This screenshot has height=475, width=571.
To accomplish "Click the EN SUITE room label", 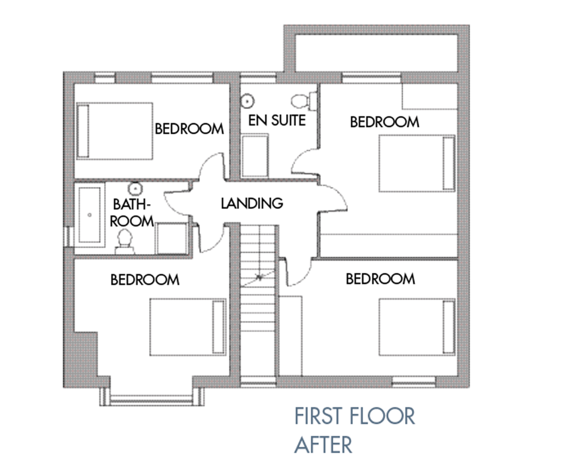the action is point(277,120).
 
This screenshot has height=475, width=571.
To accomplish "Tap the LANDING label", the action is point(252,203).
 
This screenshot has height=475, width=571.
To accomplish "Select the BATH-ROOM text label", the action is point(132,213).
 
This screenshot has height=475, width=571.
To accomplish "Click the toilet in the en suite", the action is point(304,101).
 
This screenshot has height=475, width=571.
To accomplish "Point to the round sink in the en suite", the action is point(247,101).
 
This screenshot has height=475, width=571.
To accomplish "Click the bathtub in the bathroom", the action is point(90,215).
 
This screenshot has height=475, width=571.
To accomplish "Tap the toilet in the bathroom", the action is point(125,241).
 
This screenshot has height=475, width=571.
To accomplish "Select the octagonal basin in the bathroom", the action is point(135,188).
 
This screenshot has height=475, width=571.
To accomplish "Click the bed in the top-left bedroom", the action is point(114,131).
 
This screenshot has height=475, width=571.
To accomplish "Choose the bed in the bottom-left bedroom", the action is point(188,327).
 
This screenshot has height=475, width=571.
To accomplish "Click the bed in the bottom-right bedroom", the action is point(417,327).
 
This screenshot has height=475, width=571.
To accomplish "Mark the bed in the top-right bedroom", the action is point(417,163).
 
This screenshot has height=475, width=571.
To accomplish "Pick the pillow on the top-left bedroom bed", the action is point(83,131).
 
